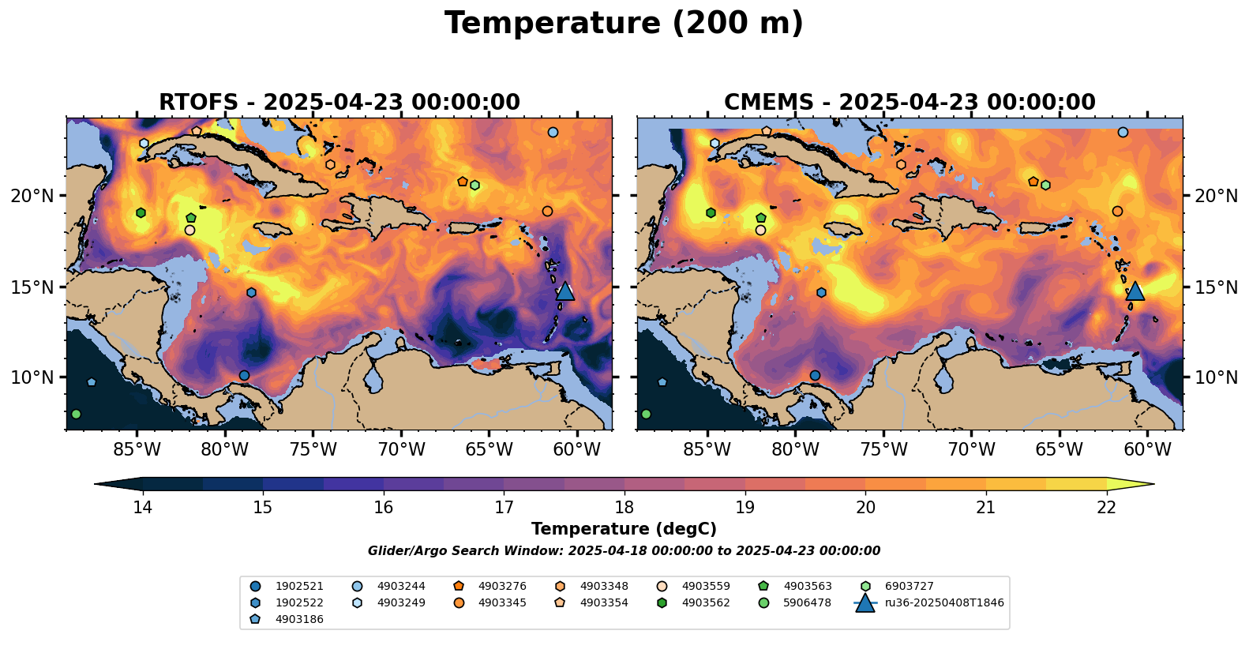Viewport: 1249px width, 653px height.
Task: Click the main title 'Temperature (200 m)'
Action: click(624, 24)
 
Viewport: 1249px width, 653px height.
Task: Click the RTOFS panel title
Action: click(339, 103)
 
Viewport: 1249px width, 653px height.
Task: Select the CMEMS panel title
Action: click(910, 103)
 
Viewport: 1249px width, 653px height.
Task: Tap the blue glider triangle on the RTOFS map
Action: click(564, 291)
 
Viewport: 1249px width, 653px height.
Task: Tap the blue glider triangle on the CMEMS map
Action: click(1135, 291)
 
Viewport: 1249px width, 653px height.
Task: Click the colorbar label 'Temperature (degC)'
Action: click(624, 529)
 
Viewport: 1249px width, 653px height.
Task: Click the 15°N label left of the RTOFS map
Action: click(32, 287)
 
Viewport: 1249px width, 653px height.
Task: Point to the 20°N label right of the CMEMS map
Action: click(1216, 196)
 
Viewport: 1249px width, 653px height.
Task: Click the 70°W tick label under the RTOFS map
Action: click(401, 450)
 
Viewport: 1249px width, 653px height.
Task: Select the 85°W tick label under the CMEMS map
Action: click(707, 450)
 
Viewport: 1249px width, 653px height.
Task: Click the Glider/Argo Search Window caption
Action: click(624, 551)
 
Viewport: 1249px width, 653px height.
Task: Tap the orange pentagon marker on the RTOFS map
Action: click(463, 182)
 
